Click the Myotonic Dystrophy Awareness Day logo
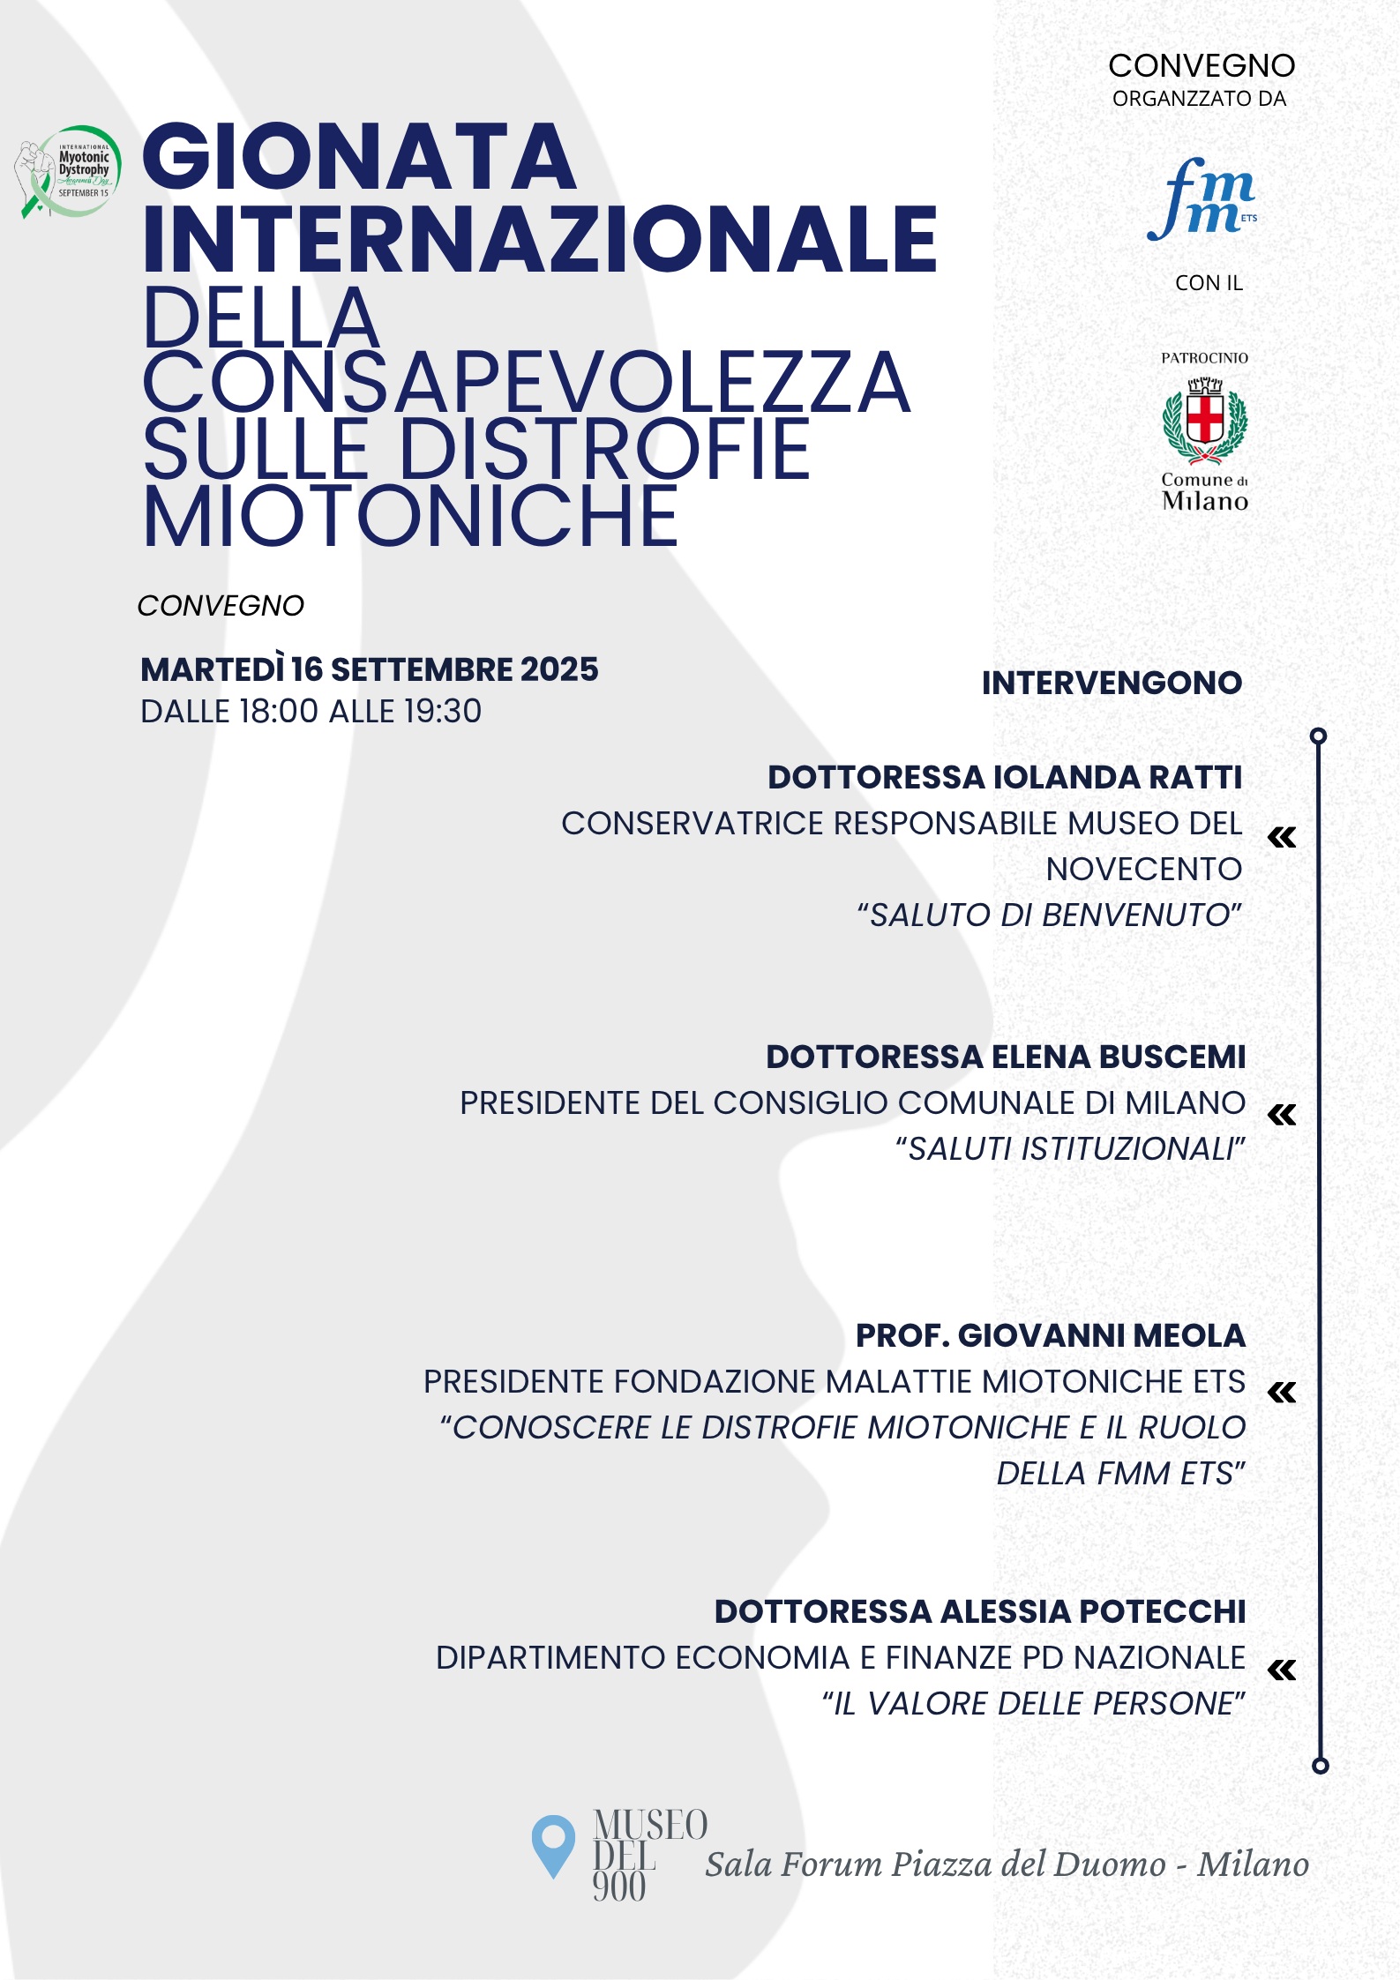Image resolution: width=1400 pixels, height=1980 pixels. click(68, 171)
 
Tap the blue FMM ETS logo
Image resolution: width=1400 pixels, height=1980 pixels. click(1202, 200)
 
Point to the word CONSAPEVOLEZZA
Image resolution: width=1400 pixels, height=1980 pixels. click(526, 383)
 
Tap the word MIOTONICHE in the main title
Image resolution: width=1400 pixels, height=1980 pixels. click(410, 517)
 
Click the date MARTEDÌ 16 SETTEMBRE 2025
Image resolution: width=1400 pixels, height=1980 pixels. click(369, 669)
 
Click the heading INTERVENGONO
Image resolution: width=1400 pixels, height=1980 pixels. click(1112, 683)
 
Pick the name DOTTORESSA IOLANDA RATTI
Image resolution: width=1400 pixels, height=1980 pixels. click(1004, 777)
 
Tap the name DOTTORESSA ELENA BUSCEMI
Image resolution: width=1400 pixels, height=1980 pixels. click(1005, 1057)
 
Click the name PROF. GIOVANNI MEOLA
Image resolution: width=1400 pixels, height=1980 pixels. click(1050, 1335)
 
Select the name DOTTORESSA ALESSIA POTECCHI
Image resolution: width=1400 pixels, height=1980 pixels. click(979, 1611)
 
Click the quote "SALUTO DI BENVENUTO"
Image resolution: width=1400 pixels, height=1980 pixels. click(1049, 915)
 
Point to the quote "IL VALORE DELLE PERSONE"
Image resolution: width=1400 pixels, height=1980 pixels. click(1033, 1703)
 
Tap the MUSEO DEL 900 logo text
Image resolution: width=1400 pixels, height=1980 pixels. click(649, 1855)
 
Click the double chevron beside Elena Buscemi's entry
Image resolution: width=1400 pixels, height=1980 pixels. click(1282, 1115)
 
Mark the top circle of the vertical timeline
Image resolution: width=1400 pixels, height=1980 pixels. click(1319, 736)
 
